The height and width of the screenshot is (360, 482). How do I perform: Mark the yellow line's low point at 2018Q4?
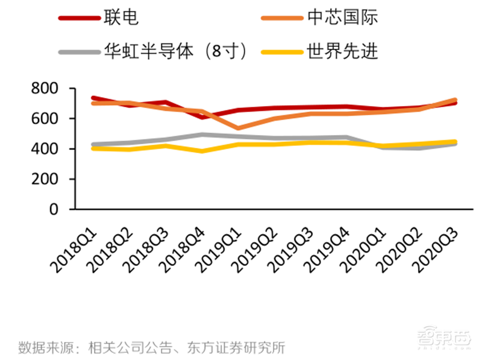[x=204, y=151]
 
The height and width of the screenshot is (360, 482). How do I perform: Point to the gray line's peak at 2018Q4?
[x=204, y=134]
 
